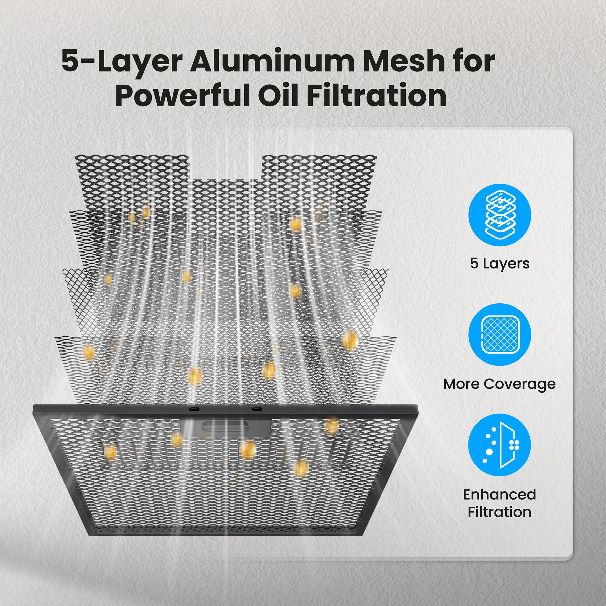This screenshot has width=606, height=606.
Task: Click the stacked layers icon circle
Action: pyautogui.click(x=500, y=215)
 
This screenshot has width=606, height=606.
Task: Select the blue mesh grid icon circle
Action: pyautogui.click(x=500, y=335)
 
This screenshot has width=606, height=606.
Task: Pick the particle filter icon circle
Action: pyautogui.click(x=500, y=445)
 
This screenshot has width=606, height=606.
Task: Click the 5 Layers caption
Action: pyautogui.click(x=500, y=264)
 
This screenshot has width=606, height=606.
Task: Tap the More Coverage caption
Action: pyautogui.click(x=499, y=384)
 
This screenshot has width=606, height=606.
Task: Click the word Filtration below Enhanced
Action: pyautogui.click(x=500, y=512)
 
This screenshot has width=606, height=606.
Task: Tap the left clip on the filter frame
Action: pyautogui.click(x=193, y=409)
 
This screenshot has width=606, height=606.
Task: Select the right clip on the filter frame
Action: pyautogui.click(x=257, y=409)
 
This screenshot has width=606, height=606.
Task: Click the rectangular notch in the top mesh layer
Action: pyautogui.click(x=225, y=167)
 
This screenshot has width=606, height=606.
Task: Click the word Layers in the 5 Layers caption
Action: pyautogui.click(x=506, y=264)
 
